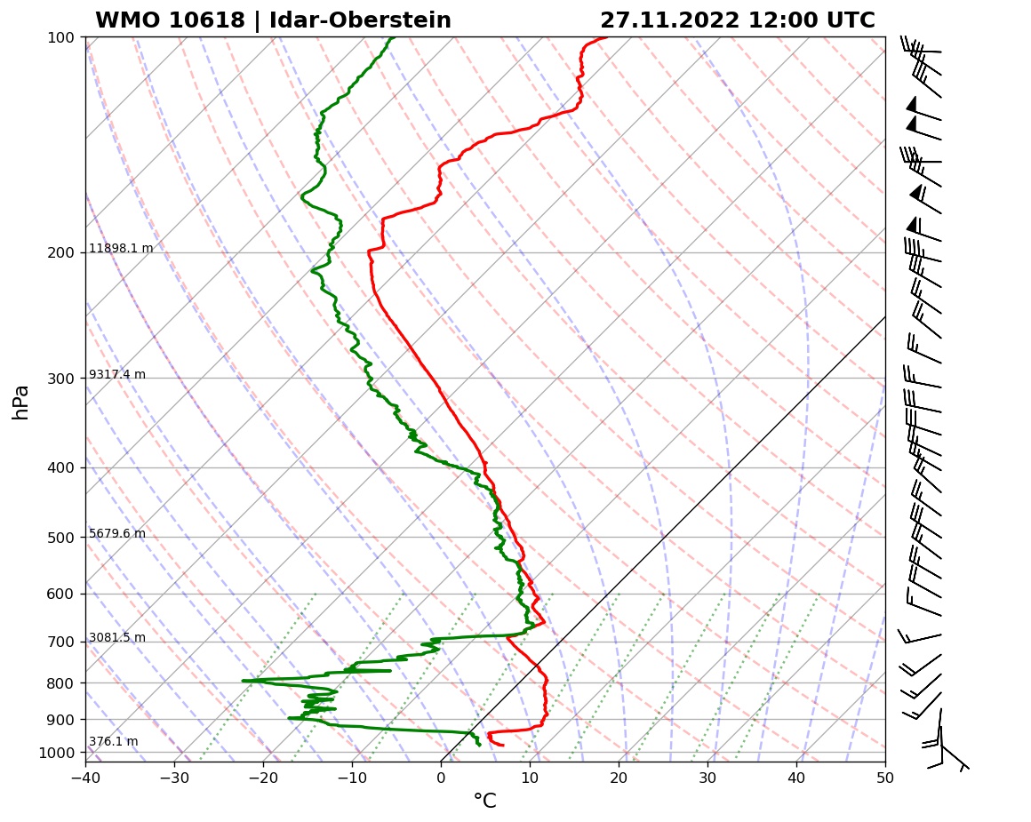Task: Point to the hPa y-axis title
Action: click(x=21, y=402)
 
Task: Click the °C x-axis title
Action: click(x=484, y=802)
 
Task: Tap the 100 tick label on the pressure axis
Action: click(x=60, y=37)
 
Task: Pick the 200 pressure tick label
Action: click(x=60, y=253)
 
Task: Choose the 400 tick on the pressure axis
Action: click(x=60, y=468)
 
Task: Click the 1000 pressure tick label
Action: click(x=57, y=754)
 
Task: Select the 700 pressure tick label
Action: click(x=60, y=642)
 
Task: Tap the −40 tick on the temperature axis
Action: click(x=85, y=776)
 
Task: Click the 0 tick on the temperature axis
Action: click(x=441, y=776)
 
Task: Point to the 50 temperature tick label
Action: click(x=885, y=776)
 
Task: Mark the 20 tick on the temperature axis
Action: click(x=619, y=776)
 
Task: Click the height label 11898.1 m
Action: click(x=121, y=249)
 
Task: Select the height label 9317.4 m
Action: click(x=117, y=375)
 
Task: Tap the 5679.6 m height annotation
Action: click(x=117, y=534)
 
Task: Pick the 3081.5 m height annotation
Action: click(x=117, y=638)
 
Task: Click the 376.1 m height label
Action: click(x=114, y=742)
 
